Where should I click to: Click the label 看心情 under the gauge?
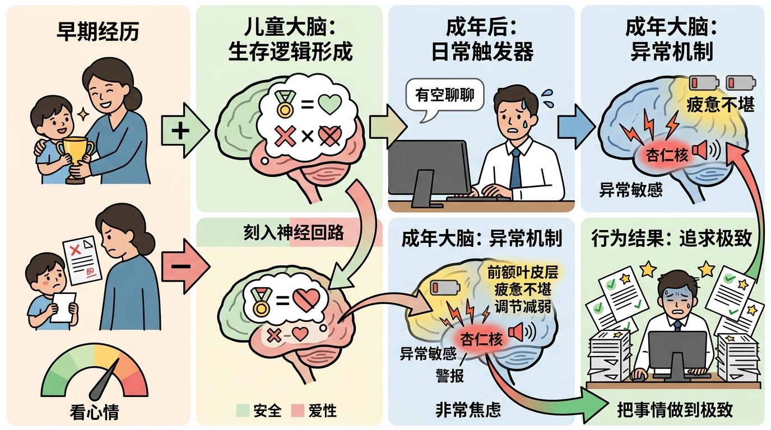point(95,413)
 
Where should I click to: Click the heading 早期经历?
point(98,32)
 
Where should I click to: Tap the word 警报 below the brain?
point(450,375)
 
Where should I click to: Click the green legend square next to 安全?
point(243,411)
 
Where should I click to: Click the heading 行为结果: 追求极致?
point(671,239)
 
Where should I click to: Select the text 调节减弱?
point(523,307)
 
